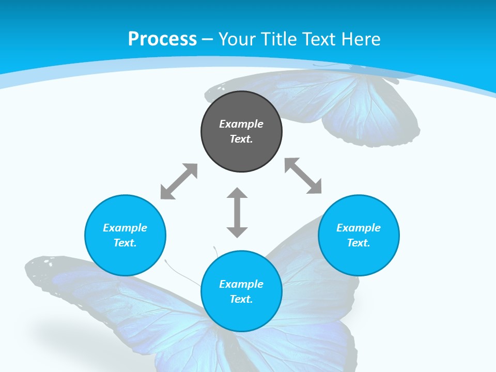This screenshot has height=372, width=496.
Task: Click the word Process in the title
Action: coord(162,39)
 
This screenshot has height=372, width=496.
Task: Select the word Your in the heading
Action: coord(238,39)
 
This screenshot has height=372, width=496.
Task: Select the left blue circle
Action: coord(125,258)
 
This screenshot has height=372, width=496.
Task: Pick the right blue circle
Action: coord(359,258)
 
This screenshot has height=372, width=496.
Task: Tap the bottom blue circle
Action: coord(241,315)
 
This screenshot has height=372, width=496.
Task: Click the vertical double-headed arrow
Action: coord(237,212)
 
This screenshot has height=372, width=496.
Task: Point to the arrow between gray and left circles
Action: coord(179,181)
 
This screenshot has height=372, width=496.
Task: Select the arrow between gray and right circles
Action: coord(303,176)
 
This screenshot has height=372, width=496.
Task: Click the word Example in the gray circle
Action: coord(241,124)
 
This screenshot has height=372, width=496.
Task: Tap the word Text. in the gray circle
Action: coord(241,139)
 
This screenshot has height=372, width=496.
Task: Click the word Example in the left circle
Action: coord(125,228)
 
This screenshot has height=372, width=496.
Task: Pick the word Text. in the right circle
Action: coord(359,243)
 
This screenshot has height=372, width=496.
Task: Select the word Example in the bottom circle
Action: coord(241,284)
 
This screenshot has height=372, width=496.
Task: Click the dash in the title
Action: coord(208,39)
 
